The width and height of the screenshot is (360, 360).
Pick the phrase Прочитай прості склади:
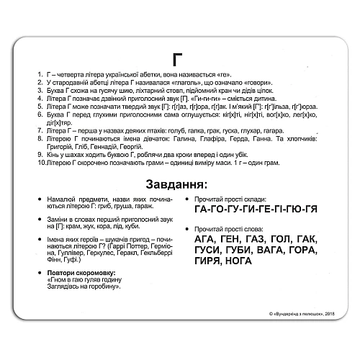coord(232,199)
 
